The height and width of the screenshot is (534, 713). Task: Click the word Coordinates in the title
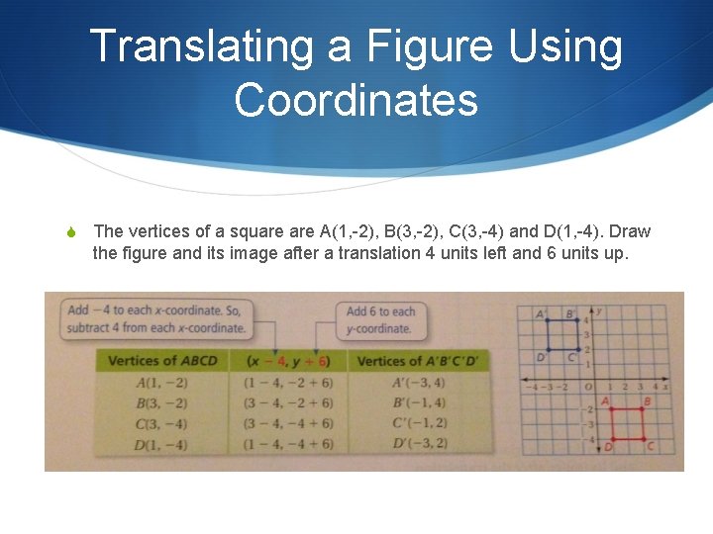(356, 101)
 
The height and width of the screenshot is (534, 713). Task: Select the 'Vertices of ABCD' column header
(161, 361)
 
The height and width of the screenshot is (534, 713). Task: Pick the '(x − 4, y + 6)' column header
(288, 361)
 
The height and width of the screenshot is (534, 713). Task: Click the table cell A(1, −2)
(161, 383)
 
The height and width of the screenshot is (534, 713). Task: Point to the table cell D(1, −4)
(161, 445)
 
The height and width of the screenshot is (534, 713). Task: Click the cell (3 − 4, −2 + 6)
(288, 403)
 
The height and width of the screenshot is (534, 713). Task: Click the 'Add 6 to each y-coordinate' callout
(380, 319)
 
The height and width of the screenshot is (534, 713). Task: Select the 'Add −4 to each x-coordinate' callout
(155, 318)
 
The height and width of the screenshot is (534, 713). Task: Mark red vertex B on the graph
(642, 409)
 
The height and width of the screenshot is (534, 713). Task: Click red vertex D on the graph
(613, 439)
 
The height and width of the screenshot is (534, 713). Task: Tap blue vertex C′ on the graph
(579, 350)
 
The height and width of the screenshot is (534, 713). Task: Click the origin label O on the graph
(588, 387)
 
